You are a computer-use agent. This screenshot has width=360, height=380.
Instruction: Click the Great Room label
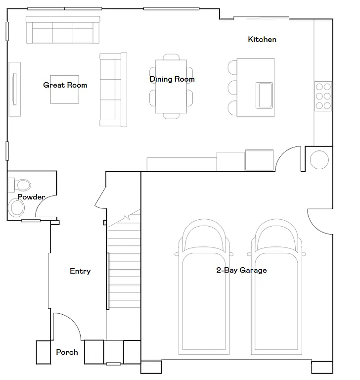tap(65, 85)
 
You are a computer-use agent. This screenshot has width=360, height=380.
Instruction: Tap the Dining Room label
tap(172, 79)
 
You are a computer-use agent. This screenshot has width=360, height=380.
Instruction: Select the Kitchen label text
tap(262, 40)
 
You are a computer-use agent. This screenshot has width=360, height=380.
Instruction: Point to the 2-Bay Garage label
tap(241, 270)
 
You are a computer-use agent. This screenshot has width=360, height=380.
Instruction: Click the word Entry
tap(80, 271)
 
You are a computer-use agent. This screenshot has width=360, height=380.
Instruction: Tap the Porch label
tap(67, 352)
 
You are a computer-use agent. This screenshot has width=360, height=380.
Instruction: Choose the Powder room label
tap(31, 197)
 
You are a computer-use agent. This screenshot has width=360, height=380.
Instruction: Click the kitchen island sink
tap(264, 95)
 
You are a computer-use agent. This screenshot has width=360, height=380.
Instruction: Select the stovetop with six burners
tap(323, 95)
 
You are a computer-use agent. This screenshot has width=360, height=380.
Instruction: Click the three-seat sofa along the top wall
tap(63, 31)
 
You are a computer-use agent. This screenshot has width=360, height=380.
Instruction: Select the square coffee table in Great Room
tap(65, 89)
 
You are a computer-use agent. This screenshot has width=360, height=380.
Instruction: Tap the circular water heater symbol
tap(319, 160)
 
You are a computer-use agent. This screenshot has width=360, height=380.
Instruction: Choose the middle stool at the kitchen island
tap(233, 88)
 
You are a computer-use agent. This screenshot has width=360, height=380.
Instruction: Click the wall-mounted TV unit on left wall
tap(14, 89)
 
